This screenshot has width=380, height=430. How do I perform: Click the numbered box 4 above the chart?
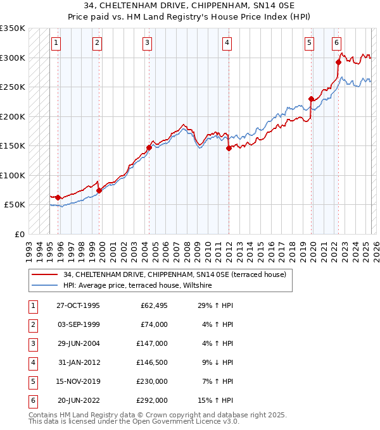227,43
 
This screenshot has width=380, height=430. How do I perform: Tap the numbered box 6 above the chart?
336,43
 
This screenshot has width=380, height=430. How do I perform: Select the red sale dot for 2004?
149,147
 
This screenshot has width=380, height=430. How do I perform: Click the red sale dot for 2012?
229,149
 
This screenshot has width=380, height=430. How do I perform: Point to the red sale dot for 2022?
338,62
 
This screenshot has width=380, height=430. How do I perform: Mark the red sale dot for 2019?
311,99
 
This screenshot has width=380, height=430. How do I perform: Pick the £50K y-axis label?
15,205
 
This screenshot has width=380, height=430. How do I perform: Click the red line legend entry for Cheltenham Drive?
175,274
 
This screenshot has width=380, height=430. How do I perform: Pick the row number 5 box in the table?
32,381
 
